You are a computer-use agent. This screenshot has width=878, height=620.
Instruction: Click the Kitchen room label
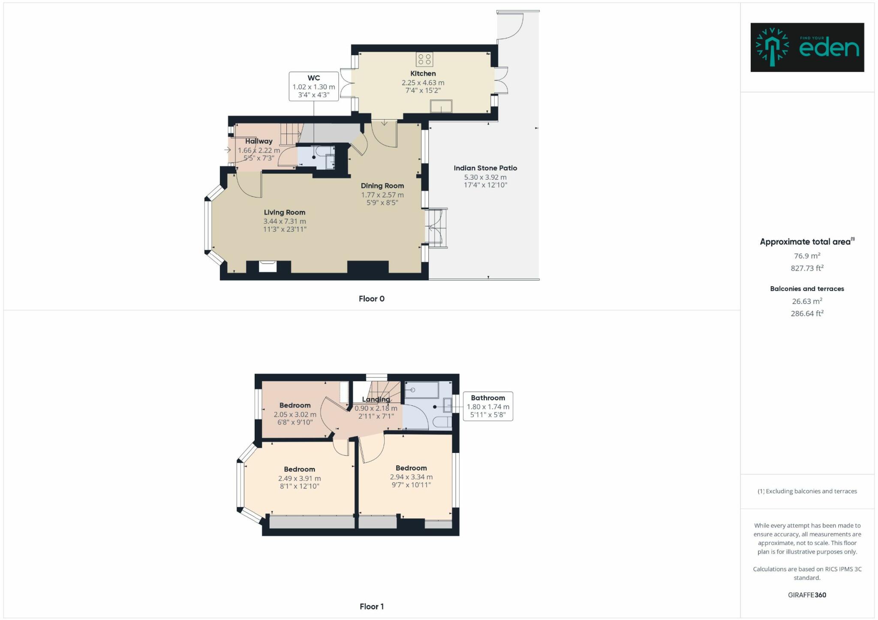[423, 74]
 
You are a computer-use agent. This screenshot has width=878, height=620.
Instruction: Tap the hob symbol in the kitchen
[424, 59]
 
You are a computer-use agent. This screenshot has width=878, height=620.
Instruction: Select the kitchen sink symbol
[441, 106]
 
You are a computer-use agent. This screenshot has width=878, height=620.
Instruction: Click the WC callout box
[314, 86]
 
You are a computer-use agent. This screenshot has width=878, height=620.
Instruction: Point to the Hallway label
[259, 141]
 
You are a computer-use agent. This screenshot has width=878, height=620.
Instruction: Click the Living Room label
[285, 213]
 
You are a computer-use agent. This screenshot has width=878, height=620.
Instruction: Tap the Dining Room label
[382, 186]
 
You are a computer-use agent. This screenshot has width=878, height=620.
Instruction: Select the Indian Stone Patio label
[485, 168]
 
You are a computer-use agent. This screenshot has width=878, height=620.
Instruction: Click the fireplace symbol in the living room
[268, 267]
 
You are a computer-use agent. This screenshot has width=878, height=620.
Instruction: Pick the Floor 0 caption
[372, 299]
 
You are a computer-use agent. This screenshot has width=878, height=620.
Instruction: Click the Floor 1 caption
[372, 606]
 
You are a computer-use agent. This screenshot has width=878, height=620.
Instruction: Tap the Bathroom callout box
[488, 406]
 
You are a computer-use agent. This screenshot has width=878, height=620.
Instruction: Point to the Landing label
[376, 399]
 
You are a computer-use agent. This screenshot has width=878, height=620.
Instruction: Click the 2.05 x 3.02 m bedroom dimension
[295, 415]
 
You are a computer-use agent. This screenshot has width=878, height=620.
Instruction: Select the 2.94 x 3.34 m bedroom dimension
[411, 477]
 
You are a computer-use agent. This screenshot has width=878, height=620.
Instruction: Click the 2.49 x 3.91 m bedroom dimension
[299, 478]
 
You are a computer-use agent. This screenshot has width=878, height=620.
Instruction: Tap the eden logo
[807, 47]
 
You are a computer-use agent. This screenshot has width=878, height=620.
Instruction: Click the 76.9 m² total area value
[807, 256]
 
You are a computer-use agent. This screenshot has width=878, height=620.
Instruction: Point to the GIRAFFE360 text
[807, 595]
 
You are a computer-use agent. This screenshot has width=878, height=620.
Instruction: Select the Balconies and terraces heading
[807, 289]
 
